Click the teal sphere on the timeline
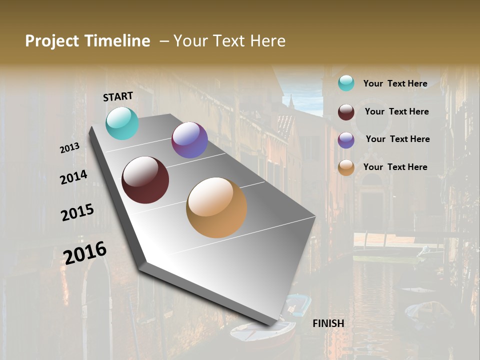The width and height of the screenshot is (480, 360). (x=122, y=123)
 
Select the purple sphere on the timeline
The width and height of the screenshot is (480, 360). (x=189, y=140)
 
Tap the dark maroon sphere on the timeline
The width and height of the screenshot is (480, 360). (x=145, y=180)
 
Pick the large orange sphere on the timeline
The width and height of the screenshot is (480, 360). (x=216, y=207)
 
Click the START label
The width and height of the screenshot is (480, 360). (x=118, y=96)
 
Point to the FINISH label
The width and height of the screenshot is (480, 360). (x=328, y=323)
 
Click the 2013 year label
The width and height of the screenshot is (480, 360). (x=69, y=148)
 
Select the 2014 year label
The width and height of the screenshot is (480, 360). (x=73, y=177)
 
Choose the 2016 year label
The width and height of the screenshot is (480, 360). (x=85, y=252)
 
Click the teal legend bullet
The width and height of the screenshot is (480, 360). (x=346, y=83)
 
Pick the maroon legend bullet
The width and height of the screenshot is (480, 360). (x=346, y=112)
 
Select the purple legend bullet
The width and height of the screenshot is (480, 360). (x=346, y=140)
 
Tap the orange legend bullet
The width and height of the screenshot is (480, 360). (x=346, y=168)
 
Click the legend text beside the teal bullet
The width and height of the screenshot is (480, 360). (x=395, y=83)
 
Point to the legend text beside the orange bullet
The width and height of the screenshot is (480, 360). (x=395, y=167)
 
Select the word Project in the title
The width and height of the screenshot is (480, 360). (x=52, y=41)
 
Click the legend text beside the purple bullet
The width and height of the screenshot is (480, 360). (x=397, y=139)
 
